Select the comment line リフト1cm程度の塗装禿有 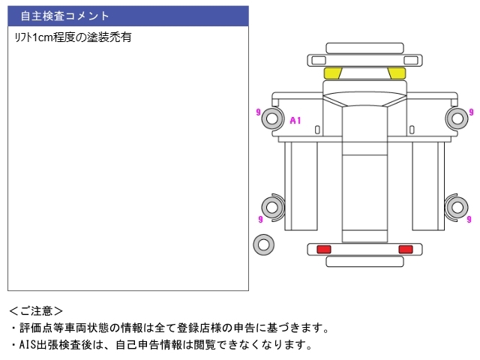(x=73, y=37)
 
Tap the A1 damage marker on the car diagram (x=295, y=120)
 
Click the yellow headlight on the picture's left (x=332, y=73)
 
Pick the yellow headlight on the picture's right (x=396, y=73)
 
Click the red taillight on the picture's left (x=324, y=249)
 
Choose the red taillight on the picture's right (x=405, y=249)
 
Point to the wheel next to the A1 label (x=272, y=118)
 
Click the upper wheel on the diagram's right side (x=455, y=118)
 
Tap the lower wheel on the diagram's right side (x=455, y=206)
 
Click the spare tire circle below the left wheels (x=263, y=243)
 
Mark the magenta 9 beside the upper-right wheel (x=471, y=112)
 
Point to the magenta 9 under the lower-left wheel (x=259, y=220)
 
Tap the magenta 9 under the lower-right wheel (x=469, y=220)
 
